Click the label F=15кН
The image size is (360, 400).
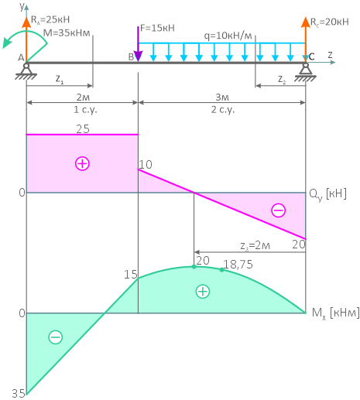coord(157,28)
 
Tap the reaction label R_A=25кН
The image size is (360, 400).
coord(50,19)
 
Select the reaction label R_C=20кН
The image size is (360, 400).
coord(329,22)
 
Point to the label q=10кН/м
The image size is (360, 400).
coord(228,36)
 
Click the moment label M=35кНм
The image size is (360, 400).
coord(67,33)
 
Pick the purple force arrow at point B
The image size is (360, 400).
coord(139,44)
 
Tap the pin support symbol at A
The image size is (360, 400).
coord(26,71)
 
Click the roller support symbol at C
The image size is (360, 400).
coord(305,72)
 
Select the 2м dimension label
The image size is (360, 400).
coord(83,97)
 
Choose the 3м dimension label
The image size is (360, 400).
coord(222,97)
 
